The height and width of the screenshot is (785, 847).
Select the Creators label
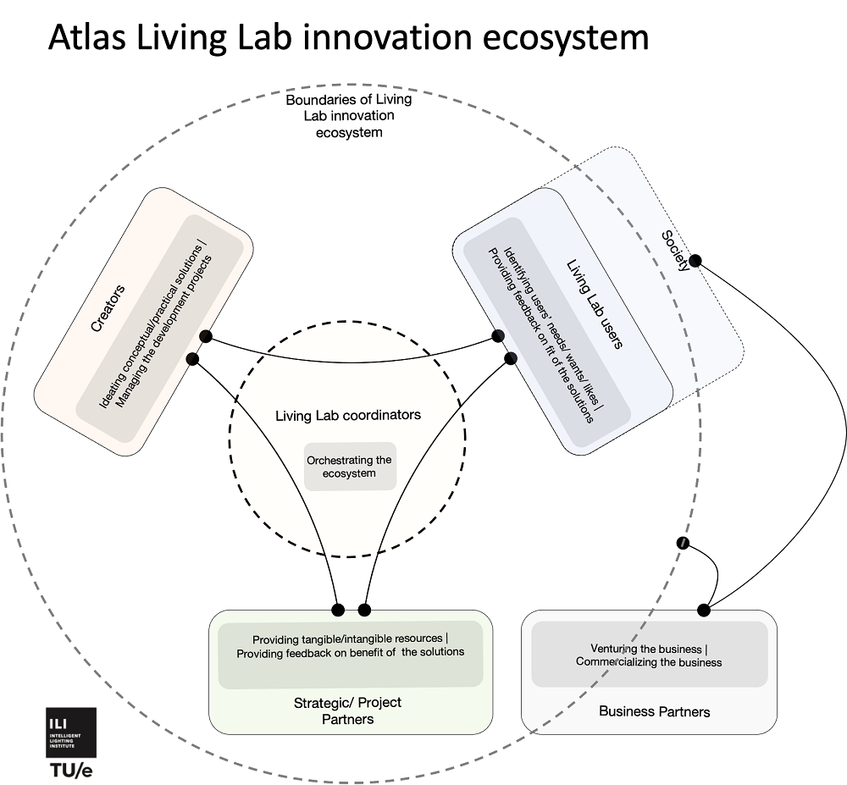[108, 310]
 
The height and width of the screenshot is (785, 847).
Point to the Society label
[675, 251]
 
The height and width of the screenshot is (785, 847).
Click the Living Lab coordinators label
[348, 415]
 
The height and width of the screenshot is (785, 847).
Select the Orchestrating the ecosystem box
[350, 467]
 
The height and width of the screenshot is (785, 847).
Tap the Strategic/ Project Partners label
[347, 710]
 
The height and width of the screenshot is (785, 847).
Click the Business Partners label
[654, 710]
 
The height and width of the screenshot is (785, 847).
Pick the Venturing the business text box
[649, 655]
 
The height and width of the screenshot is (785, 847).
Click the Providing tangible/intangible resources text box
[350, 645]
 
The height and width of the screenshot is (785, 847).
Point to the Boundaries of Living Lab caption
[348, 115]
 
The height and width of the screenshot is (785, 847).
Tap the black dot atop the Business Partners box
[703, 610]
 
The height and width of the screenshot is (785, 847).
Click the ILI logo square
[70, 732]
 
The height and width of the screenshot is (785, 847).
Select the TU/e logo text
[70, 770]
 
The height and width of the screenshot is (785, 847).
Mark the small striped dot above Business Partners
[681, 542]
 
